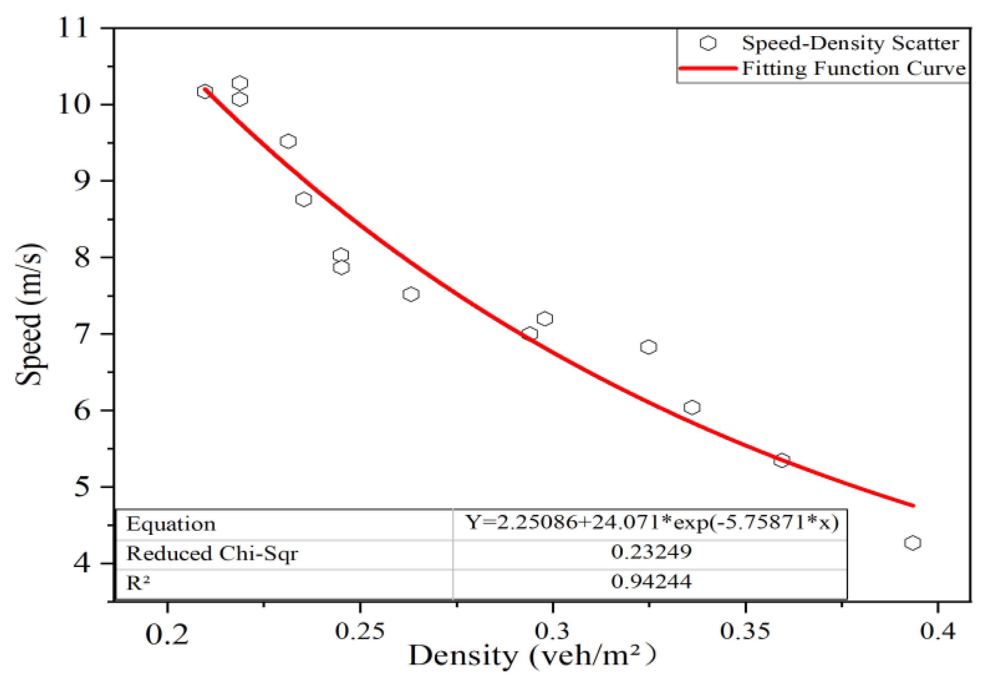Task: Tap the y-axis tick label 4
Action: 82,563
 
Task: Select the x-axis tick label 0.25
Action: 360,632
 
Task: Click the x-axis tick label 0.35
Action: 745,632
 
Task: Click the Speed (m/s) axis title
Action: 30,314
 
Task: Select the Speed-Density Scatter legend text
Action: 850,43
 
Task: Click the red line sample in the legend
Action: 707,68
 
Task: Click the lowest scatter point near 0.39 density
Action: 912,543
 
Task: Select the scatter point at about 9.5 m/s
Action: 288,141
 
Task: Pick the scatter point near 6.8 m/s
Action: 648,347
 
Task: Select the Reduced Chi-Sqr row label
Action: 212,554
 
